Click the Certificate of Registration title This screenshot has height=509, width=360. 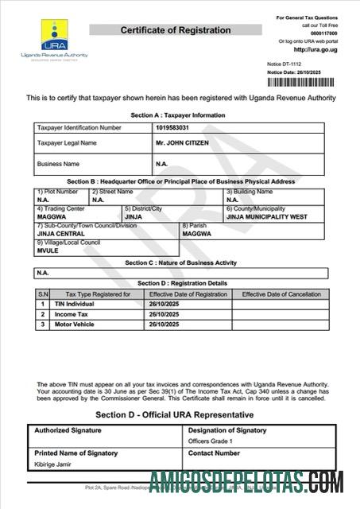(x=176, y=30)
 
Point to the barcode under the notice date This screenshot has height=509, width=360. (x=308, y=82)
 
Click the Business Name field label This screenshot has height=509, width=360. (x=59, y=164)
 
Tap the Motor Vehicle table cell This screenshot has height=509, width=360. (x=73, y=324)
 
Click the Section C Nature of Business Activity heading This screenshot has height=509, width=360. (x=181, y=262)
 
